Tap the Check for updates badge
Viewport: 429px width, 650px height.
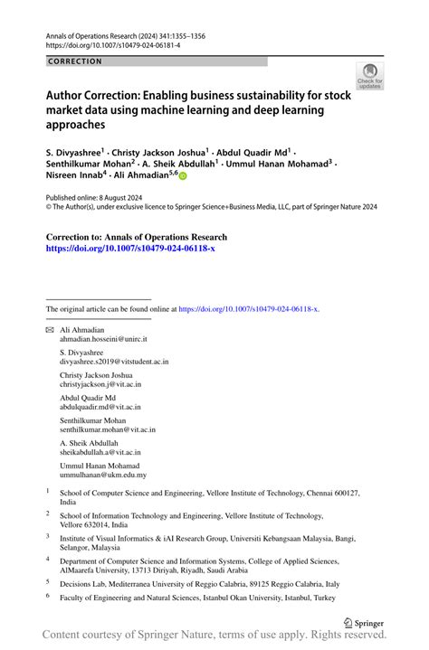[x=369, y=77]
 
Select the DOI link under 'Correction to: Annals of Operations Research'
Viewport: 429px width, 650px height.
[x=130, y=248]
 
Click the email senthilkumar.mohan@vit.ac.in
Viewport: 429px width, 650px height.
[x=107, y=429]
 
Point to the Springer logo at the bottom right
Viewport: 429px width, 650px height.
[x=363, y=624]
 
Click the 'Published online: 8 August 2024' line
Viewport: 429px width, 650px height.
[x=94, y=196]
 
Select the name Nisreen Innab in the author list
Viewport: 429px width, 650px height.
[x=74, y=177]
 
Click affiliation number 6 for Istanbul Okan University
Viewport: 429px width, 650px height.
[x=49, y=597]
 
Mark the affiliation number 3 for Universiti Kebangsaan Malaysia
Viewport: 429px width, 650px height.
[x=49, y=536]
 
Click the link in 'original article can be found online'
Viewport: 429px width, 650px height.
[x=249, y=308]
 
